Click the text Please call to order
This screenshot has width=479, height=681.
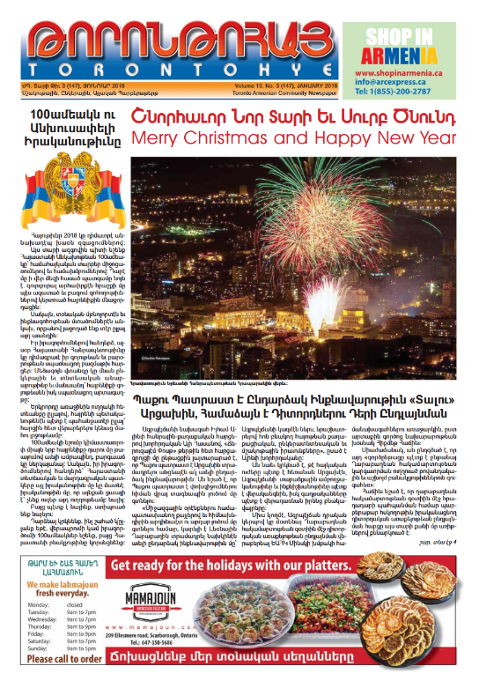coord(66,662)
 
